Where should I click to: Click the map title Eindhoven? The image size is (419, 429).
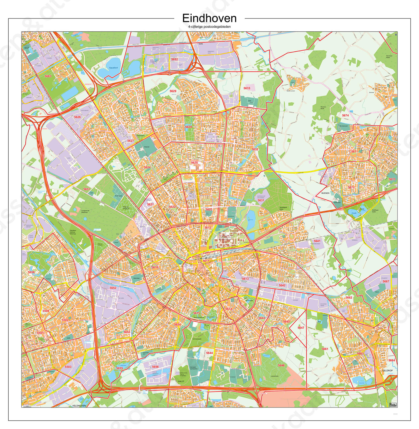pos(209,18)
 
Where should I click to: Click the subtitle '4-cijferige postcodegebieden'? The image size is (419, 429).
pos(209,27)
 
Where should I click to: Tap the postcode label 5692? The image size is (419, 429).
pos(175,59)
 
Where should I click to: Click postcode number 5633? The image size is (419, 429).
pos(247,88)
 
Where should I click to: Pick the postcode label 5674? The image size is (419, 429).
pos(345,115)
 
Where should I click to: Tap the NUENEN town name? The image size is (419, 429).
pos(325,193)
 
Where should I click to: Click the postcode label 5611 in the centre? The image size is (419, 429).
pos(206,261)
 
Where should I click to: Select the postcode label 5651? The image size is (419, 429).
pos(87,189)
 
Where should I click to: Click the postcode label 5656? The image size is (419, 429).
pos(155,367)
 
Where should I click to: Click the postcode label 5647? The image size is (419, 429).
pos(301,328)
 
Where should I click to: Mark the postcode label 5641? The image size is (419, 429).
pos(317,241)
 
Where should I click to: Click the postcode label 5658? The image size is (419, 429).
pos(31,272)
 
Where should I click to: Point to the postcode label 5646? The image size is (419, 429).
pos(281,365)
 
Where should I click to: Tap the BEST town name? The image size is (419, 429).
pos(27,48)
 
